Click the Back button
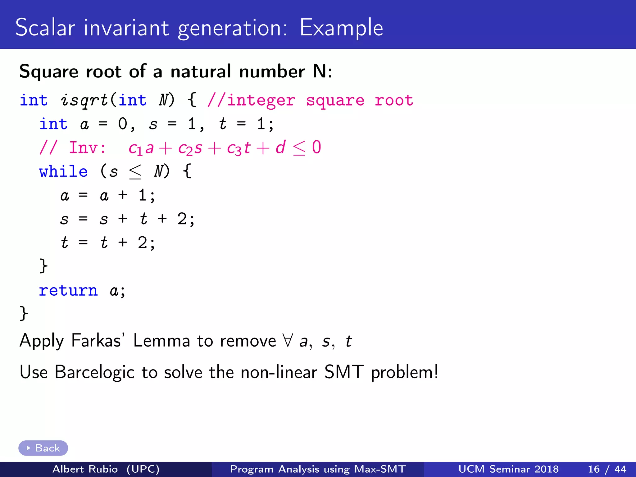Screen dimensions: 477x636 tap(43, 448)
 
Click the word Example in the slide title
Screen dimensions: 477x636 tap(341, 28)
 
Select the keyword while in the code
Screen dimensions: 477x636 tap(63, 171)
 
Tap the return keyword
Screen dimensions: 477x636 tap(68, 291)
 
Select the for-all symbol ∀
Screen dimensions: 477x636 tap(288, 340)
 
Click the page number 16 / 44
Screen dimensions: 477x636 tap(607, 469)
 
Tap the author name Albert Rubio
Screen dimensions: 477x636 tap(85, 469)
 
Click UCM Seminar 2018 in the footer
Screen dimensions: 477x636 tap(508, 469)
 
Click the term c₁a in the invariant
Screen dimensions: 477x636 tap(141, 148)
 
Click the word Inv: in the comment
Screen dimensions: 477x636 tap(87, 148)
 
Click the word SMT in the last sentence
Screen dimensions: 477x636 tap(343, 372)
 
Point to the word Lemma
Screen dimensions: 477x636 tap(161, 340)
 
